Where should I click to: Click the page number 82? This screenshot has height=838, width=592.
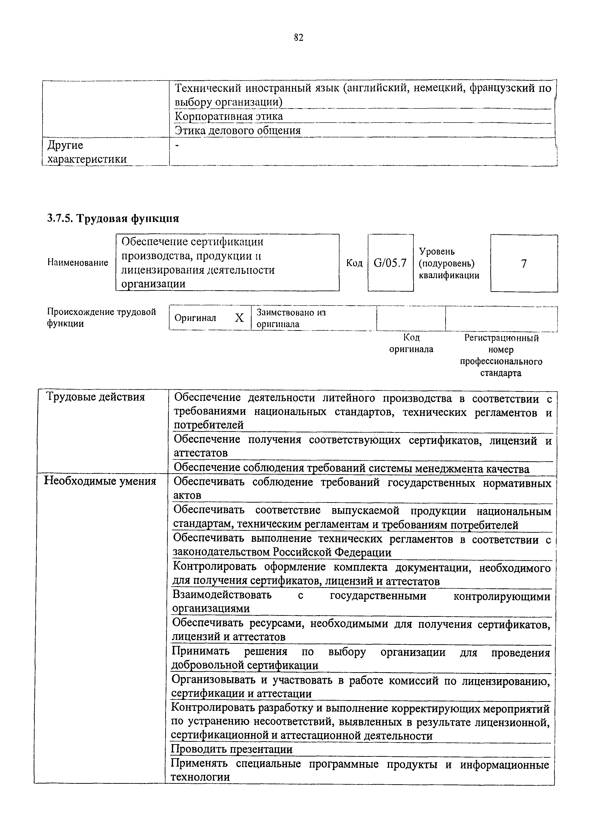[298, 37]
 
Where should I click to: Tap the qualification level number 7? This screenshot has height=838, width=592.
[524, 263]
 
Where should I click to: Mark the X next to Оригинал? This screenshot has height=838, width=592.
[239, 318]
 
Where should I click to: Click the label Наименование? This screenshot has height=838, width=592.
[78, 263]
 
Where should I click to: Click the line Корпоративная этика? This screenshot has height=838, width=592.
[229, 116]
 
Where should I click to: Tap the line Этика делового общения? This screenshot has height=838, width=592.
[238, 131]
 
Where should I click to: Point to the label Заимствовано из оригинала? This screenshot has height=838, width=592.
[291, 318]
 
